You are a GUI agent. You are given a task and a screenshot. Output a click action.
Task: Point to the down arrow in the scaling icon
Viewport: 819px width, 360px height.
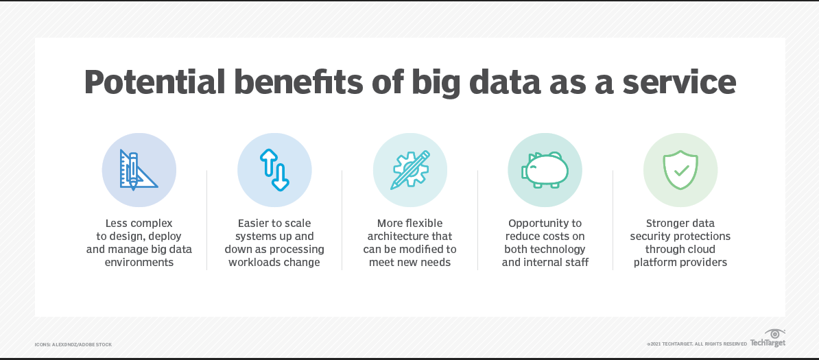tap(281, 177)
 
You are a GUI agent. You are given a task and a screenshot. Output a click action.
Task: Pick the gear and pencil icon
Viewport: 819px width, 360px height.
tap(409, 169)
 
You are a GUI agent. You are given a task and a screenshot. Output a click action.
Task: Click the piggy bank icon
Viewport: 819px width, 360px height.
tap(545, 169)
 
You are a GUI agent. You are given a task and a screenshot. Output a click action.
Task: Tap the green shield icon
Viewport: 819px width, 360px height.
tap(680, 169)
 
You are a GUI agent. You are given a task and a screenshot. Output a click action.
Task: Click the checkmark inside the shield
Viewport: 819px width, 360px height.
tap(680, 169)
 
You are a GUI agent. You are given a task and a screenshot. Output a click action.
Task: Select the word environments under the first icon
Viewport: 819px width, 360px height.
tap(139, 263)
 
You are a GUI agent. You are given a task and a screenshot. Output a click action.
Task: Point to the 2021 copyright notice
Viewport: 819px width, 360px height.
tap(696, 344)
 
